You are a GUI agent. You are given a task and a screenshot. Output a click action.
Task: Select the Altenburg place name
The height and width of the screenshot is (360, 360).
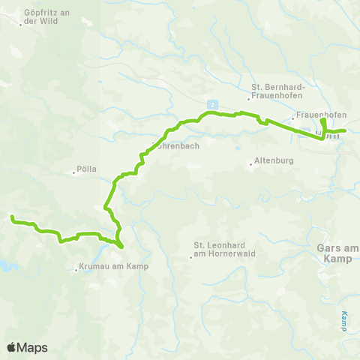point(275,160)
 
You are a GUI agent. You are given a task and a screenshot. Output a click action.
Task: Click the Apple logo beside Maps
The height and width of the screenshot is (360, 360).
point(12,347)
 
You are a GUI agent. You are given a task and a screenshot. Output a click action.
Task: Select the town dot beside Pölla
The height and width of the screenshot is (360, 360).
point(74,172)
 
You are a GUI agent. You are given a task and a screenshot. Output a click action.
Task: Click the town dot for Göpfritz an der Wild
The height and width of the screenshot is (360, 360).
point(21,25)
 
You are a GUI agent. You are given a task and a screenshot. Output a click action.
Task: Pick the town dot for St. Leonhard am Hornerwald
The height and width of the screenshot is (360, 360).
point(190,258)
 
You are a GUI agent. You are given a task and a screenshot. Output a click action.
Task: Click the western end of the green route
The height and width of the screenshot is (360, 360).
point(11,217)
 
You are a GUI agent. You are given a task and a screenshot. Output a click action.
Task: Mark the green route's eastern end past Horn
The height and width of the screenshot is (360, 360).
point(344,131)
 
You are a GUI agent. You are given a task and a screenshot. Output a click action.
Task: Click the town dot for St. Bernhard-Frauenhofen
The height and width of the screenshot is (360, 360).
point(248,97)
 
